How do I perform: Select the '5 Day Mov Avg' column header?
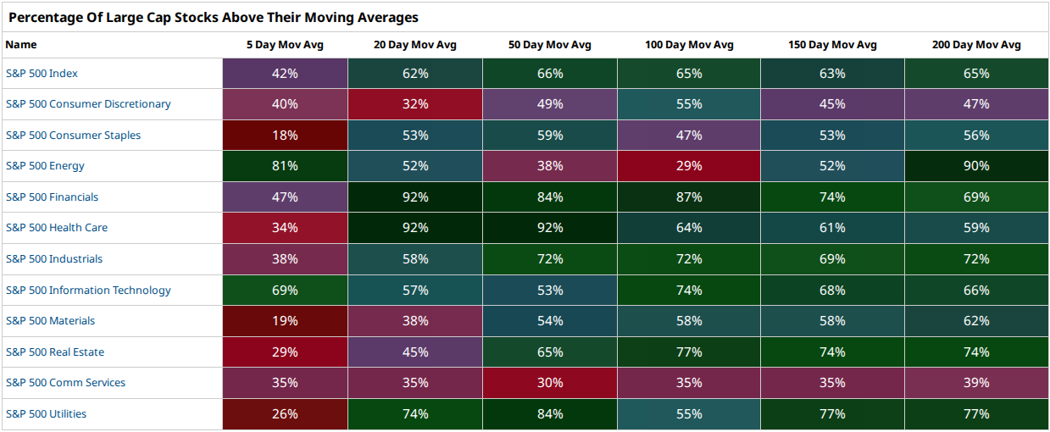click(285, 45)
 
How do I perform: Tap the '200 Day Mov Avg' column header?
click(976, 45)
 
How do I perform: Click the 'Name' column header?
click(21, 45)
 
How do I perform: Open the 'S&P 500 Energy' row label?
click(45, 166)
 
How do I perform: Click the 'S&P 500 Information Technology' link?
click(88, 291)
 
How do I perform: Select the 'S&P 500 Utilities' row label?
click(46, 414)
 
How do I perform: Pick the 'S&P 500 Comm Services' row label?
click(65, 383)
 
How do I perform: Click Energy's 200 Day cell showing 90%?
click(977, 166)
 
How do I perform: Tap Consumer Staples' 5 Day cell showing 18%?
click(285, 136)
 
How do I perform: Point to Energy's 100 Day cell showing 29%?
click(689, 166)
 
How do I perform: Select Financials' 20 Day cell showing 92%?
click(415, 197)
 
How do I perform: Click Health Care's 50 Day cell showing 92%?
click(550, 228)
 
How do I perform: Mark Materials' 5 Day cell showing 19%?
click(285, 321)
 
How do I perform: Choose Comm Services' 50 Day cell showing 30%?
click(550, 383)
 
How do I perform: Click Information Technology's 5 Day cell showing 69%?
click(285, 291)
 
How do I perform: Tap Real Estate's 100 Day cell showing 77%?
click(689, 352)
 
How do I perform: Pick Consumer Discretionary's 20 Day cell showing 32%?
click(415, 104)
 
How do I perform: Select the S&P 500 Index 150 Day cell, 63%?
click(832, 74)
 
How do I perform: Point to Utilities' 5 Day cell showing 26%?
click(285, 414)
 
